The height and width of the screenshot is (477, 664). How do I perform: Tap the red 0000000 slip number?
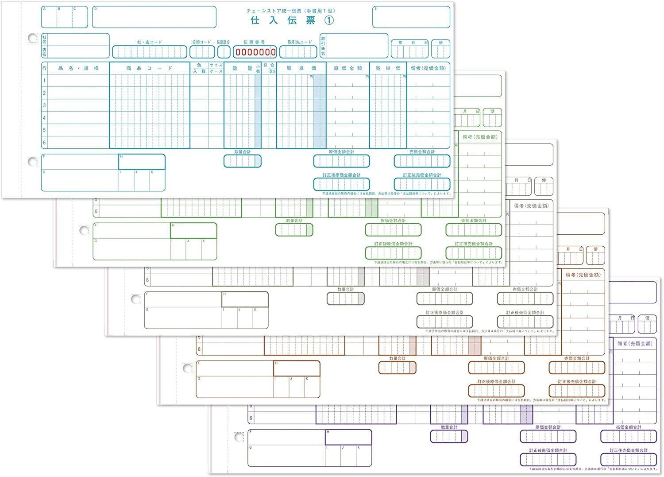[x=255, y=52]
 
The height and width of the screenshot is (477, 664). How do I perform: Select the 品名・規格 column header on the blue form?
[x=78, y=68]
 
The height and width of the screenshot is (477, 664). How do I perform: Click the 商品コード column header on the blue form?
[x=149, y=68]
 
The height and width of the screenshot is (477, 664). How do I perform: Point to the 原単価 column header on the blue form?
[x=301, y=68]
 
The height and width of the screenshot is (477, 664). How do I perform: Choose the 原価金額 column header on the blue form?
[x=347, y=68]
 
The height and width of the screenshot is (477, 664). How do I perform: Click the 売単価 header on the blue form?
[x=388, y=68]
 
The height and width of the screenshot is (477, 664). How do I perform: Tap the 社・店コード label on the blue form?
[x=150, y=43]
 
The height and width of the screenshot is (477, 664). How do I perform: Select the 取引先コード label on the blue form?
[x=300, y=43]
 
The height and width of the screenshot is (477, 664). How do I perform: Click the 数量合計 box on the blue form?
[x=242, y=161]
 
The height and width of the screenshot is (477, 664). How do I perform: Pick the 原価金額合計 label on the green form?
[x=393, y=221]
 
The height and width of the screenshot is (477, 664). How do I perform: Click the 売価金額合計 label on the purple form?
[x=628, y=427]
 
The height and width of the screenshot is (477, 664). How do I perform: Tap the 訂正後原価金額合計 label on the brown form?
[x=496, y=381]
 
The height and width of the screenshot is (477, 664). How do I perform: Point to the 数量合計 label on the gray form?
[x=345, y=289]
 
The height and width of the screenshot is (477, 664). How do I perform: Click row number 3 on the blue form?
[x=44, y=105]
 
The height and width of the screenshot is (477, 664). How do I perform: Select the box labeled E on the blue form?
[x=411, y=17]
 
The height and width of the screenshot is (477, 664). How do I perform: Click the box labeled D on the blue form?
[x=154, y=17]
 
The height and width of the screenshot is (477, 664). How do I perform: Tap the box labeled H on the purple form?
[x=348, y=438]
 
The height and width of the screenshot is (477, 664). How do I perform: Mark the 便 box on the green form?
[x=492, y=117]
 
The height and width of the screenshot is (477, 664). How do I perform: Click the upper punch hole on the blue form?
[x=32, y=38]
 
